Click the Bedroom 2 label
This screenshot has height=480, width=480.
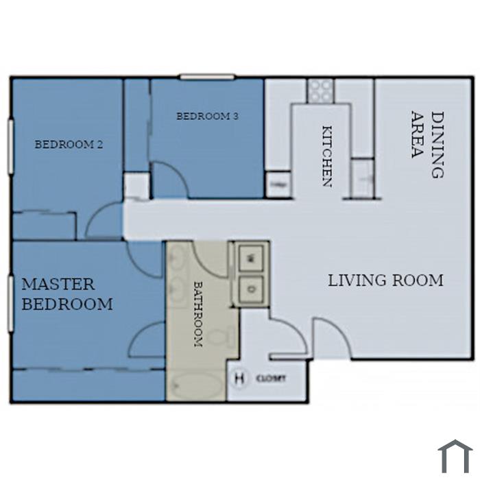click(69, 144)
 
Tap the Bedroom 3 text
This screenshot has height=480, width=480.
click(207, 117)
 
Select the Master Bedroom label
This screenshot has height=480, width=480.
click(67, 294)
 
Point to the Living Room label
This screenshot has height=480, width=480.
click(385, 280)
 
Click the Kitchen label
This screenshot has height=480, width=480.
click(327, 156)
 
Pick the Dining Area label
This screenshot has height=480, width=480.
click(428, 144)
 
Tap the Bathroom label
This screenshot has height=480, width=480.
click(198, 314)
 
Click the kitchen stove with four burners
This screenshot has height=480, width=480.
click(320, 91)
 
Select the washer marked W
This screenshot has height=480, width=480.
click(251, 259)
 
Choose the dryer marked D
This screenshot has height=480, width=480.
click(251, 289)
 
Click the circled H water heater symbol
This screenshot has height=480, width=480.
click(240, 379)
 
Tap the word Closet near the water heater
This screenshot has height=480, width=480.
click(271, 379)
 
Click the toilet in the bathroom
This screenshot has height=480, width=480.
click(221, 337)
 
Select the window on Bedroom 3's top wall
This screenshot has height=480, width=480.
click(207, 77)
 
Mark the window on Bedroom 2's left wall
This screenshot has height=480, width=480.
click(11, 147)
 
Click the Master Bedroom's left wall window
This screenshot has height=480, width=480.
click(11, 304)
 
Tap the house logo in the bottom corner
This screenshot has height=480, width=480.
click(455, 457)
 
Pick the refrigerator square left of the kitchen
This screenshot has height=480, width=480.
click(278, 184)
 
